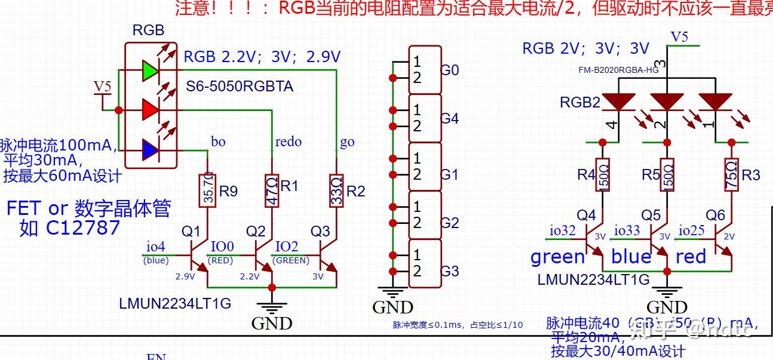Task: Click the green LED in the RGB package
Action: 150,70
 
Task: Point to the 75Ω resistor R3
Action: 731,175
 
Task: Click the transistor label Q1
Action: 191,231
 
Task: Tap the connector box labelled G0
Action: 425,70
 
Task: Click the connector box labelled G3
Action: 425,263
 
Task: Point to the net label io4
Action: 156,246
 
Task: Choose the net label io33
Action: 627,230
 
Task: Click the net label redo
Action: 288,141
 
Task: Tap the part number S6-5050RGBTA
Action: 240,87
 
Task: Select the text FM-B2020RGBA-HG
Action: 618,70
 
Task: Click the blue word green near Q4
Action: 558,257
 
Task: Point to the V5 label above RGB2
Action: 680,36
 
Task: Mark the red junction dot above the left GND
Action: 272,287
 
